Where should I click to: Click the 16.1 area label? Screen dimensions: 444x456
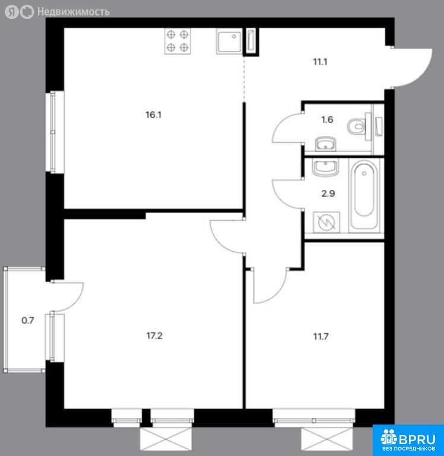[154, 115]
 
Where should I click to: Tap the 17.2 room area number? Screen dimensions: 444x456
[154, 336]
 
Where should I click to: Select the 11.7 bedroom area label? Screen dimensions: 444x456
[321, 337]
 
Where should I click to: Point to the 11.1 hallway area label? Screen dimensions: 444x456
[320, 62]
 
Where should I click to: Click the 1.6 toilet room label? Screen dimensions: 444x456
[327, 119]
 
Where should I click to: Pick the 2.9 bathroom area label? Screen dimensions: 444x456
[328, 194]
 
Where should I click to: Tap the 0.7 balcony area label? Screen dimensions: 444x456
[28, 321]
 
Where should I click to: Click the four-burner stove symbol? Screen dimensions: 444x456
[177, 41]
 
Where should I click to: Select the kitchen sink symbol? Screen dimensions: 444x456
[229, 42]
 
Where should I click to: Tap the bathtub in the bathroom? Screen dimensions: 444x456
[364, 195]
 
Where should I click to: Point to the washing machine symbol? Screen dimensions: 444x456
[326, 223]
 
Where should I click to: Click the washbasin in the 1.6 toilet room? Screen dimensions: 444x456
[325, 144]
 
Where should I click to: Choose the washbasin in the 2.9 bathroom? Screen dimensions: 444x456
[325, 167]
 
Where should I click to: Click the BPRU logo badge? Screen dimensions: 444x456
[408, 441]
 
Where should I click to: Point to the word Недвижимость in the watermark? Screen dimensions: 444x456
[74, 12]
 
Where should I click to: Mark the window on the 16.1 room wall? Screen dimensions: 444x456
[53, 132]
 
